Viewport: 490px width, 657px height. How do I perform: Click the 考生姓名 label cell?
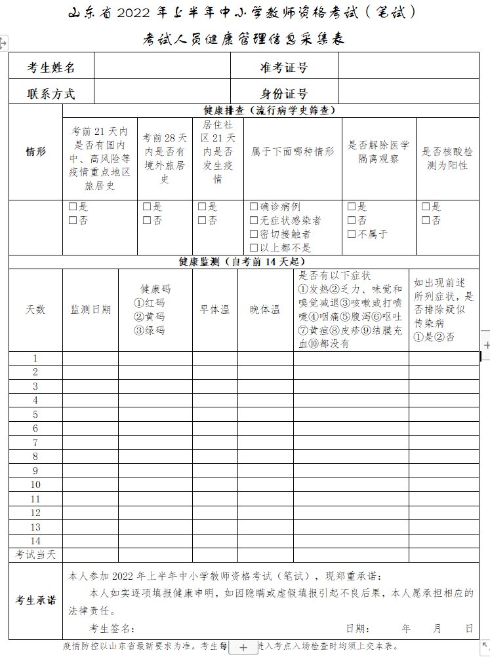pos(51,67)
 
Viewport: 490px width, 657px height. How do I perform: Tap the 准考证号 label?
pos(284,67)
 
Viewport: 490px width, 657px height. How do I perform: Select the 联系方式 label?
pos(51,93)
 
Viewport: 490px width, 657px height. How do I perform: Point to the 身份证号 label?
pos(284,93)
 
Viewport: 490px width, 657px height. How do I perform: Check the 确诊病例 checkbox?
pos(254,206)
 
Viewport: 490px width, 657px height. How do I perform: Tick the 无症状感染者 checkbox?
pos(254,220)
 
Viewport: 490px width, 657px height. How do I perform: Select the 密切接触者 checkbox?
pos(254,234)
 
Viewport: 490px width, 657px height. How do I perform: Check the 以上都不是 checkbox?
pos(254,248)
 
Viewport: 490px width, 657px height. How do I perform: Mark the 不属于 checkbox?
pos(352,234)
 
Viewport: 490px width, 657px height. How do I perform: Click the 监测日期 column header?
pos(91,310)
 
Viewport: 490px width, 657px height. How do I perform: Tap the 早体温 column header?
pos(214,310)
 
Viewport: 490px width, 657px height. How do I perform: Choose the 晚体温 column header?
pos(265,310)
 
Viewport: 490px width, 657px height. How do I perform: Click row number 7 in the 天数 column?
pos(35,442)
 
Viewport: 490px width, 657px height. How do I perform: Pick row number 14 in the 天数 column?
pos(35,541)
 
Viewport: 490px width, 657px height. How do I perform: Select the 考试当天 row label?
pos(35,555)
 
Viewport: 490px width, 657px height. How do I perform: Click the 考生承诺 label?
pos(35,600)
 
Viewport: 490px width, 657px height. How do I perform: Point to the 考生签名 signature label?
pos(112,629)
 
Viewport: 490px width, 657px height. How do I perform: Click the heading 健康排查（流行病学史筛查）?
pos(270,111)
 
